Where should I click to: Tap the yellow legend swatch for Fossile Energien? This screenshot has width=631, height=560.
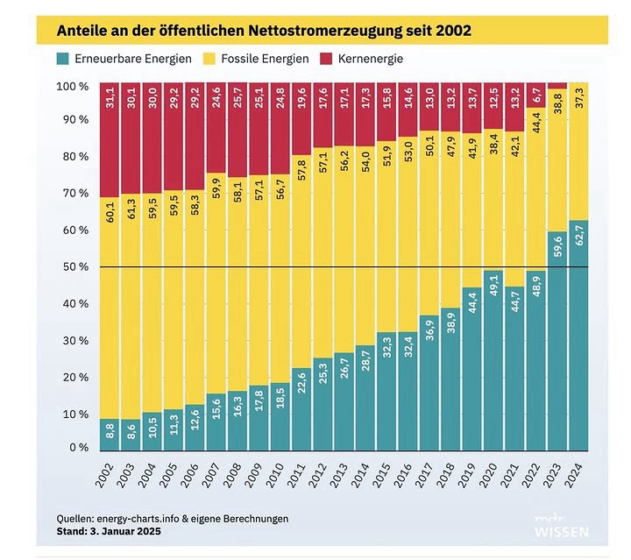[195, 59]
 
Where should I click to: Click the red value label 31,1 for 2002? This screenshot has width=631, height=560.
[110, 97]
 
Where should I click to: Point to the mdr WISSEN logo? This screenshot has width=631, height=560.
[562, 525]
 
